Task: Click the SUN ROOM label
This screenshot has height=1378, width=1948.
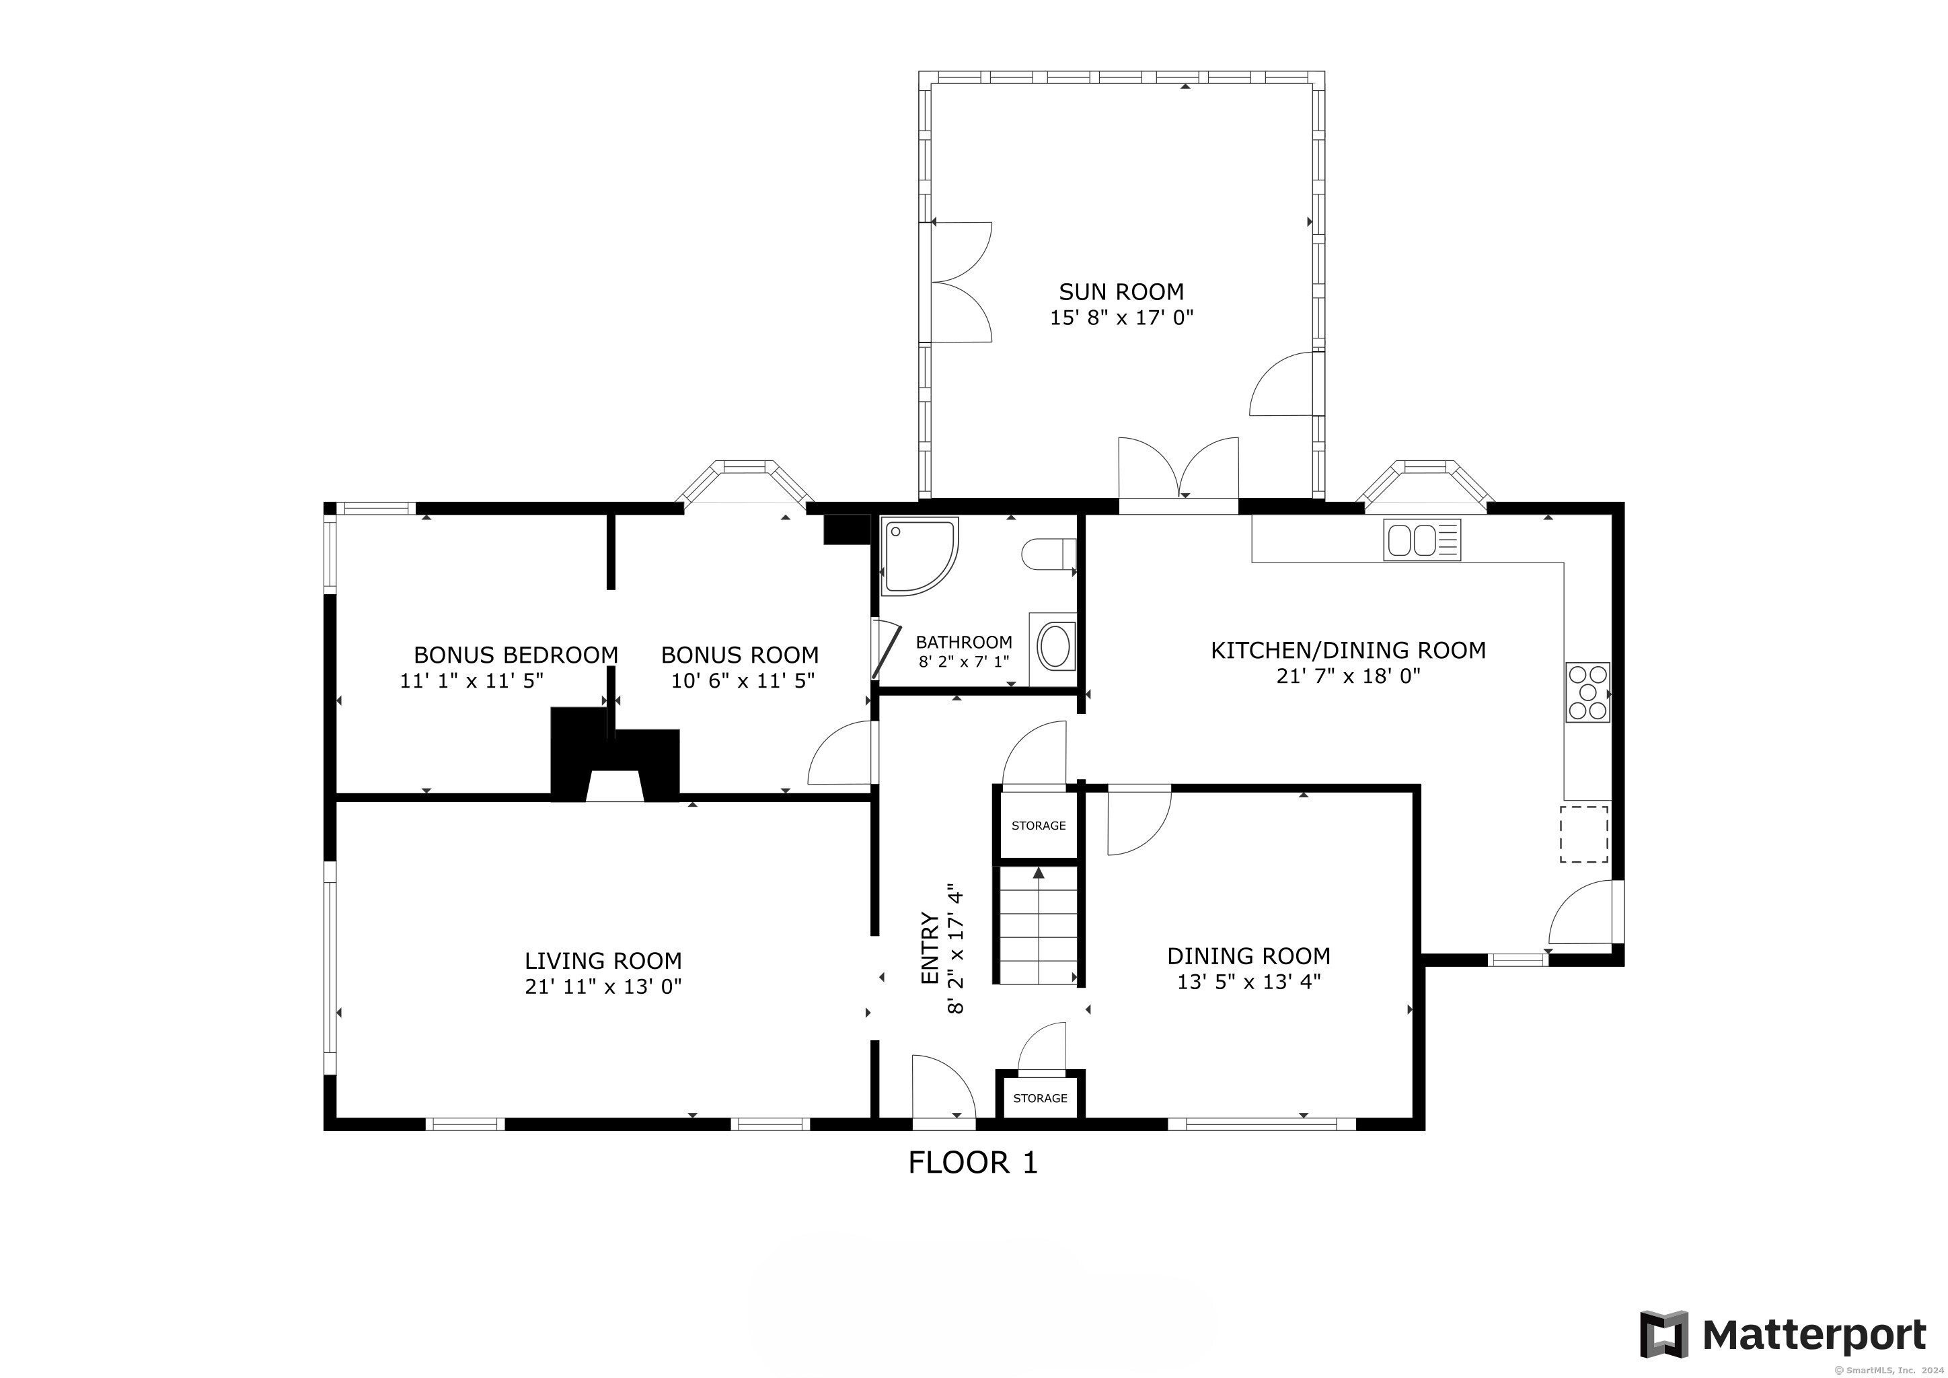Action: [x=1121, y=292]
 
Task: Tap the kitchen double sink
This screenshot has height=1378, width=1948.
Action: [x=1422, y=540]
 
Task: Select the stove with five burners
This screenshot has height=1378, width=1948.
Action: [x=1587, y=692]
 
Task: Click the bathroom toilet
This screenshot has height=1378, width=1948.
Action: [x=1049, y=556]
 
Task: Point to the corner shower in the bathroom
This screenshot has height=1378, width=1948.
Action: [x=921, y=556]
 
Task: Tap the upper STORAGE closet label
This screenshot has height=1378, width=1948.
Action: [x=1039, y=826]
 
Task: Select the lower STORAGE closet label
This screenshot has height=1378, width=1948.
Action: [x=1040, y=1098]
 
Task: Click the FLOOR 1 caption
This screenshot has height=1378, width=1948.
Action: [x=973, y=1163]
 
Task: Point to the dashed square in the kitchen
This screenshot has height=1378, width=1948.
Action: [x=1584, y=834]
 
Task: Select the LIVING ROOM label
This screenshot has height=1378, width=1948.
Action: [x=603, y=961]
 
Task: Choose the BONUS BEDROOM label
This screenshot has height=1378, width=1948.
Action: [x=516, y=655]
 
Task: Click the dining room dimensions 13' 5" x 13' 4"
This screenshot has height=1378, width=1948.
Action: [x=1249, y=982]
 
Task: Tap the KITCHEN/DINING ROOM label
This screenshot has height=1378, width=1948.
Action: [x=1348, y=650]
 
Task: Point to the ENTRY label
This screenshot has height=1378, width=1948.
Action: [x=930, y=949]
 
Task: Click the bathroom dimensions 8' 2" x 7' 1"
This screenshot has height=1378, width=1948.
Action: [x=964, y=661]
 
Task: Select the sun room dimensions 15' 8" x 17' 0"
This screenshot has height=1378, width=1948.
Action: [x=1121, y=318]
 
